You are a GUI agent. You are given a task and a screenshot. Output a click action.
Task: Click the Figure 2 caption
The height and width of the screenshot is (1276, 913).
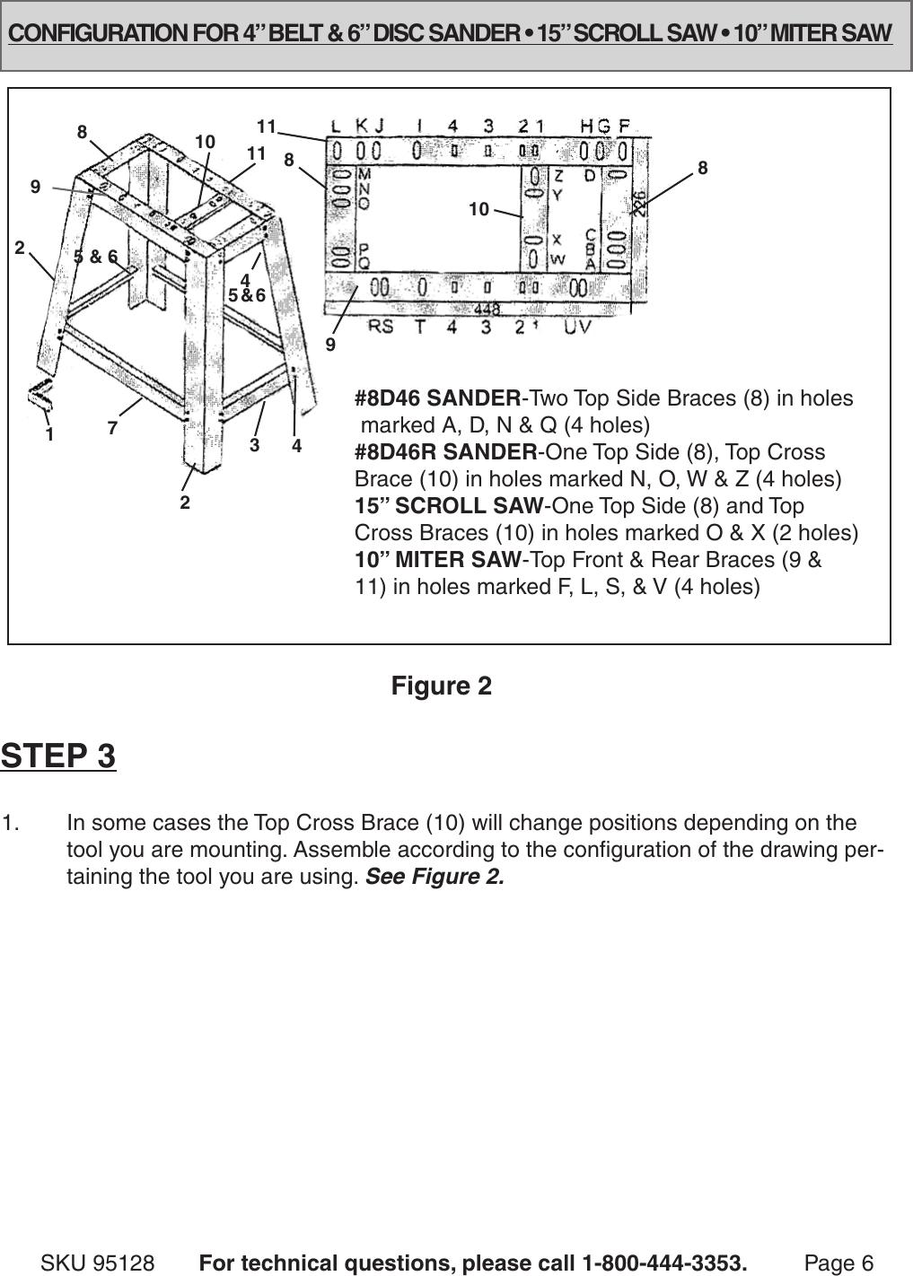(441, 686)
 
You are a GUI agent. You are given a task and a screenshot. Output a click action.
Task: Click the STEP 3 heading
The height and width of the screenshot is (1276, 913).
(58, 756)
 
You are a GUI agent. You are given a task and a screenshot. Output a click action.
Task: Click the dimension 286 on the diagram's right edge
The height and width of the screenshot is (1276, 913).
(639, 202)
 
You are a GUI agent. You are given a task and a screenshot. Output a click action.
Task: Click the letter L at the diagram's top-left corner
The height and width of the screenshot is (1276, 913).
(335, 125)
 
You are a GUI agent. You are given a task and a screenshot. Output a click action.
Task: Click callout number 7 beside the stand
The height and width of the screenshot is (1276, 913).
(112, 429)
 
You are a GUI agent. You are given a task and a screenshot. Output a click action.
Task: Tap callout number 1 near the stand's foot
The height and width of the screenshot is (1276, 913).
(50, 434)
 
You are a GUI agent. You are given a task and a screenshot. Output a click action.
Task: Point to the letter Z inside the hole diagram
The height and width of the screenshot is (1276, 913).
(558, 175)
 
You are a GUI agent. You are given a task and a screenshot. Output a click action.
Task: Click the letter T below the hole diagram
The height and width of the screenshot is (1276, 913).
(419, 328)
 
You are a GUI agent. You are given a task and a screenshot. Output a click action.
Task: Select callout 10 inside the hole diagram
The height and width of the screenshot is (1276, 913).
(478, 209)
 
